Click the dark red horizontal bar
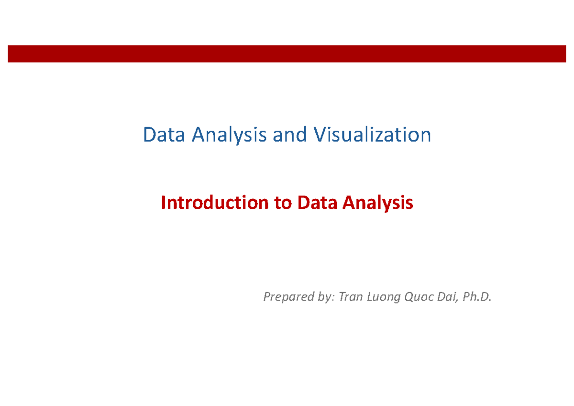click(x=287, y=54)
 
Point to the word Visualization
click(x=372, y=135)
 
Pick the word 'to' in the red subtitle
click(x=283, y=203)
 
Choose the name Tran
click(x=350, y=297)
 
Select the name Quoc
click(x=419, y=297)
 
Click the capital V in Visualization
click(x=319, y=135)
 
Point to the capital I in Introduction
click(x=163, y=203)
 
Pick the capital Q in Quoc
click(x=409, y=298)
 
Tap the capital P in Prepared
click(x=266, y=297)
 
